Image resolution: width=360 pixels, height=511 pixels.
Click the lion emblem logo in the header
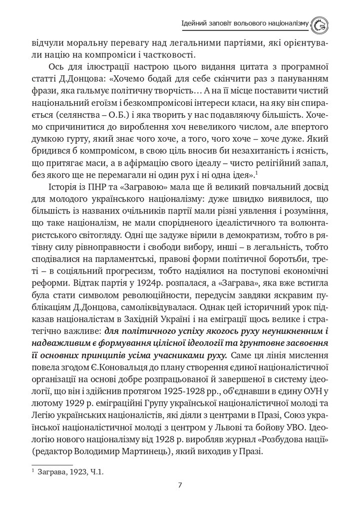(319, 23)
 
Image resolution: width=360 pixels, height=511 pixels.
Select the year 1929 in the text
(73, 403)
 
